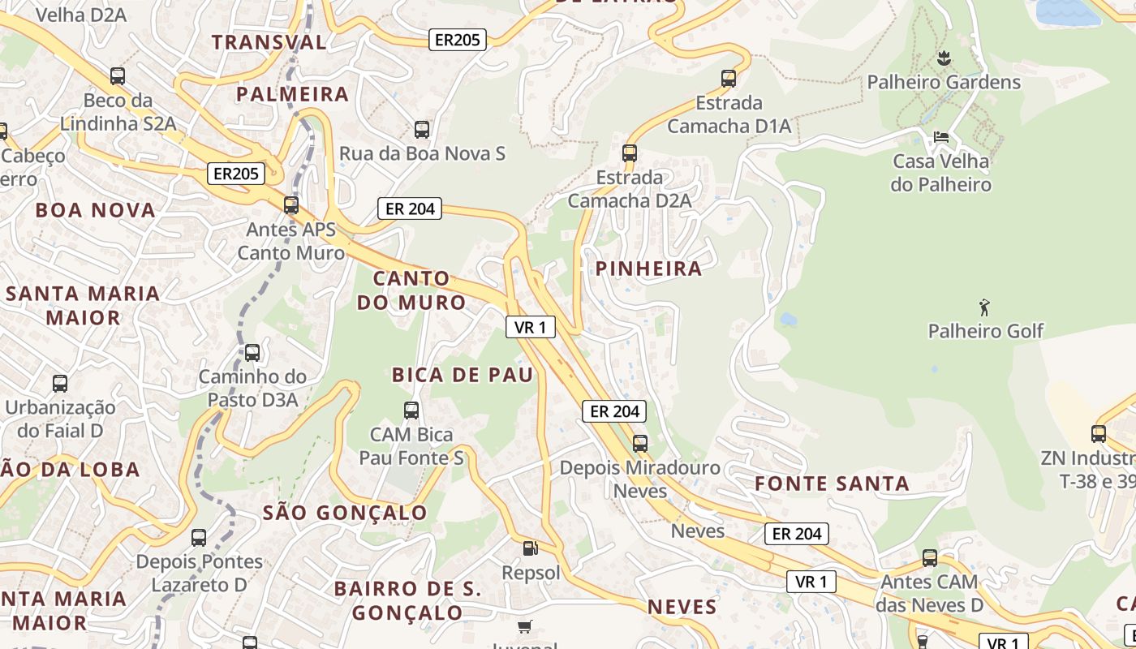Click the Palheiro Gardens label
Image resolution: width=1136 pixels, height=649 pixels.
pos(944,82)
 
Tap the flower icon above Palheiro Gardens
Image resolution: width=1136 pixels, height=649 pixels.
pos(944,58)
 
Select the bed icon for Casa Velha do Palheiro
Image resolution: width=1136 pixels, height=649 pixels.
pos(941,136)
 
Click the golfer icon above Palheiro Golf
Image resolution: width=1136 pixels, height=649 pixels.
pos(985,307)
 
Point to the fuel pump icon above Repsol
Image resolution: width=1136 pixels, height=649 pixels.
pos(530,548)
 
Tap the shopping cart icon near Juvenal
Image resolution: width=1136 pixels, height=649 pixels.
pos(525,626)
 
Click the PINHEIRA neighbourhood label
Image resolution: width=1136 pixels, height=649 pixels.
pos(648,269)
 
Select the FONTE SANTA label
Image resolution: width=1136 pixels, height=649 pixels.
pos(832,484)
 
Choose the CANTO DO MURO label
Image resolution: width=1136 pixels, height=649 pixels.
pos(411,290)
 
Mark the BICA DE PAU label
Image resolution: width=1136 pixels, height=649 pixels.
pos(463,374)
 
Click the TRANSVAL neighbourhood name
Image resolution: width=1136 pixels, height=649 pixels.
pos(269,42)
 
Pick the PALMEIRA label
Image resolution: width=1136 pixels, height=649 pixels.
pos(292,94)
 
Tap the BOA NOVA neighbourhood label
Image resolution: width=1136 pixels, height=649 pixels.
pos(95,210)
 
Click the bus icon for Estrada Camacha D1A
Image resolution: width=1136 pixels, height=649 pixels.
pos(729,79)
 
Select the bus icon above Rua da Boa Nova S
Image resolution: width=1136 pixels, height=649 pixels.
pos(422,129)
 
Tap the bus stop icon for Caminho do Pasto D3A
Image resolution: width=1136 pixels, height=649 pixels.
pos(252,353)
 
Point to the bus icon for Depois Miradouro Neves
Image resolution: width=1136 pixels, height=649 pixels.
pos(640,443)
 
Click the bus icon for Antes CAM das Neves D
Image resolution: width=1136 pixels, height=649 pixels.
pos(930,558)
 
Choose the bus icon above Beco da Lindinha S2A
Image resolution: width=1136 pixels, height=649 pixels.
pos(118,76)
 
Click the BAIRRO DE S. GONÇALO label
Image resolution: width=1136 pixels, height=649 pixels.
pos(408,600)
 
